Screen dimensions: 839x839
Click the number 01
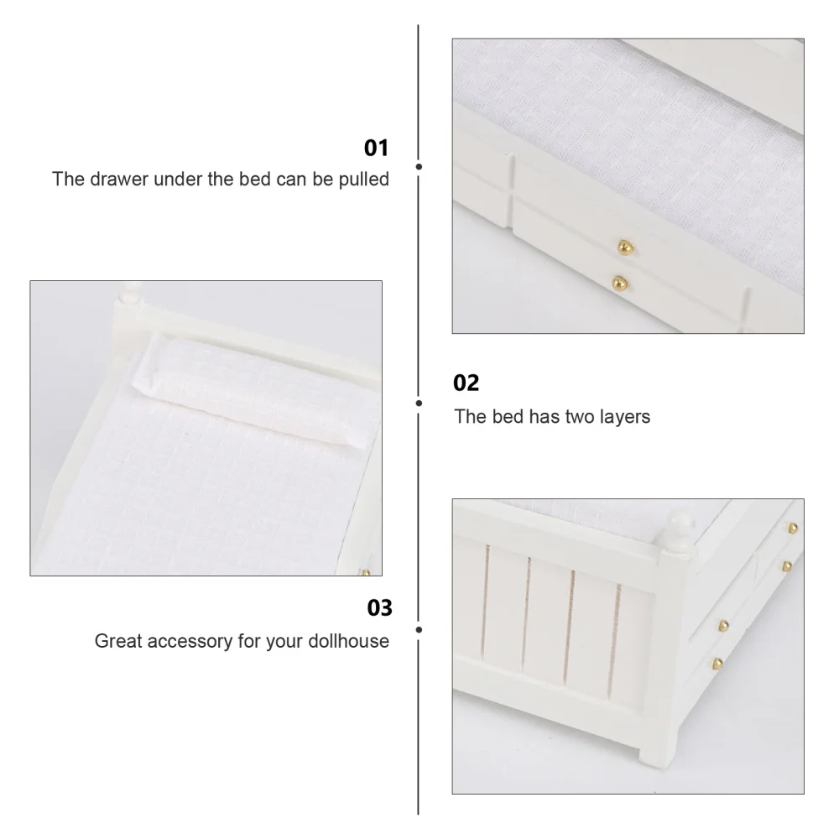click(x=376, y=149)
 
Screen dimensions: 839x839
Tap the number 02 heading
click(x=466, y=383)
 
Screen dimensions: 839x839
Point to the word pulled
click(x=362, y=180)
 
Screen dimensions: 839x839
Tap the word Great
click(x=116, y=642)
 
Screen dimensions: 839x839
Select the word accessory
click(x=192, y=642)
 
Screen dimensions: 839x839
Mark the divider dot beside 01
click(x=419, y=167)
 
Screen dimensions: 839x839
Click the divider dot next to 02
click(x=419, y=403)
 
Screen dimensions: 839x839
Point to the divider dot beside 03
click(x=419, y=628)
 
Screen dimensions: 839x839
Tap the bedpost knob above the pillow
click(x=129, y=293)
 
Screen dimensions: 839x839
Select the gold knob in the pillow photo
click(x=366, y=572)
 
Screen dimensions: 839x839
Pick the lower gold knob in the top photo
click(x=619, y=282)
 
